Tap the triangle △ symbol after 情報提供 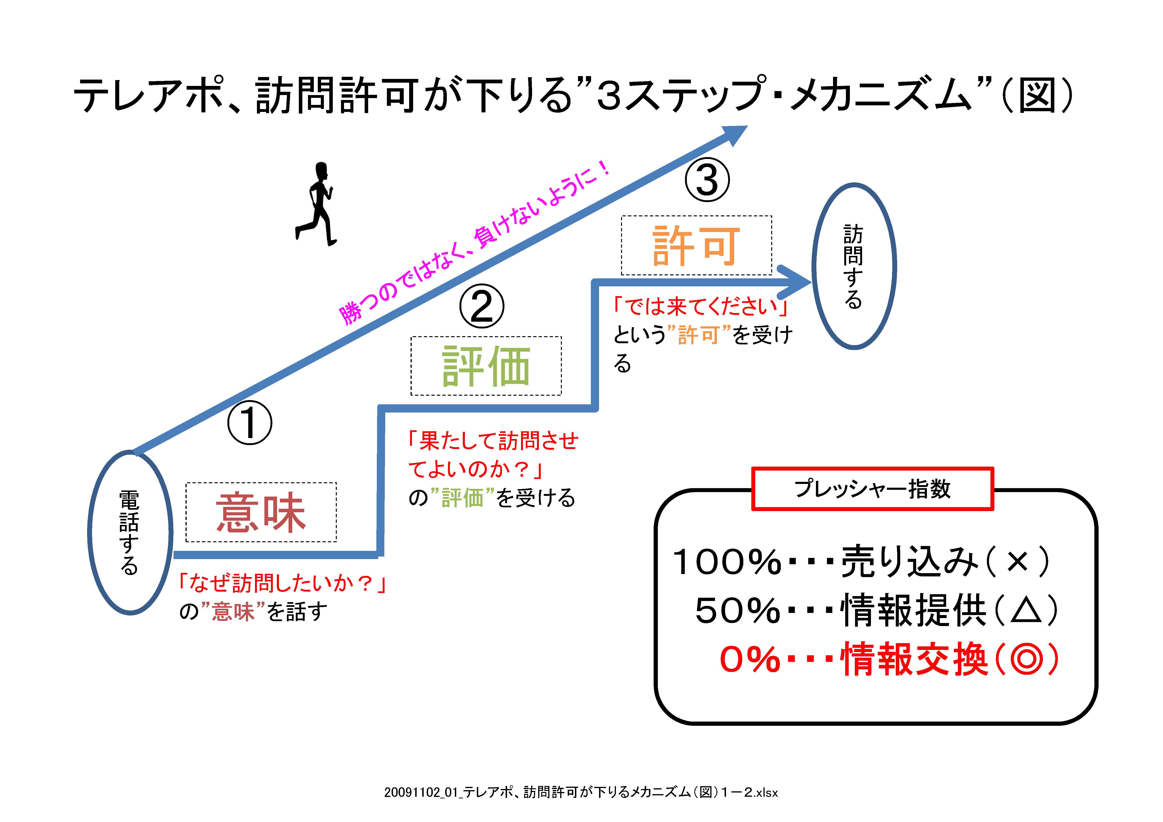(x=1026, y=610)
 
